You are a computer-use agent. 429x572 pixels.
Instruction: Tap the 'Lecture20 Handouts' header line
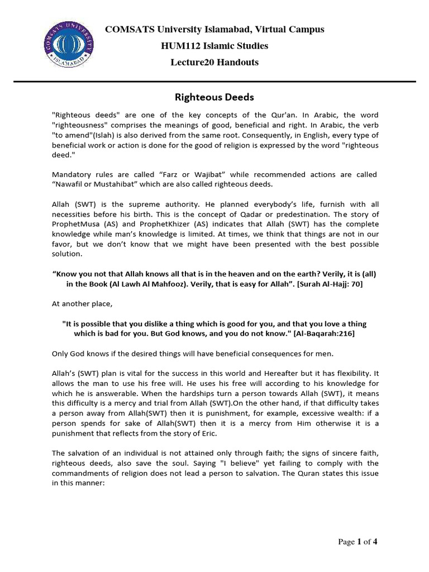click(214, 62)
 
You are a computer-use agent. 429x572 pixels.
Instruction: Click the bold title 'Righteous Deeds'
click(214, 97)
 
